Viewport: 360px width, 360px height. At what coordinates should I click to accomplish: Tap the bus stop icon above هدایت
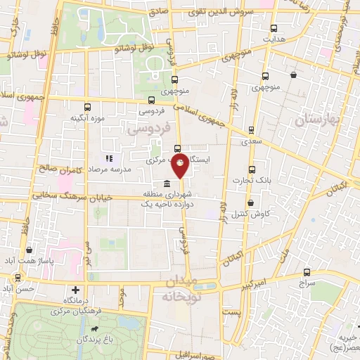(274, 29)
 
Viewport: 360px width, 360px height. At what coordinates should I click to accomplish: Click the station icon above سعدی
(251, 129)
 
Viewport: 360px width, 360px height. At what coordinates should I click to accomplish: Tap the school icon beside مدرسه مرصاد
(108, 160)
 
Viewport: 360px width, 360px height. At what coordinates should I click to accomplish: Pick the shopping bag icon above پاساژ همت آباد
(29, 249)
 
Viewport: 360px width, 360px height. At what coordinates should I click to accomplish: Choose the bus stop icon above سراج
(306, 272)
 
